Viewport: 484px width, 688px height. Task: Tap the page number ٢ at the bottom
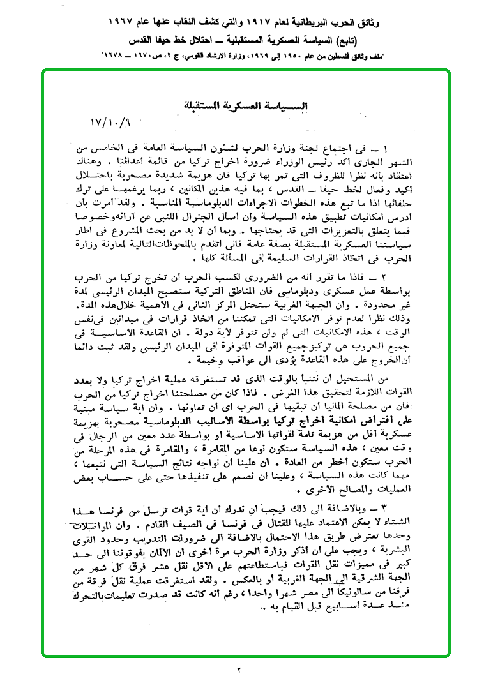click(x=240, y=669)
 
